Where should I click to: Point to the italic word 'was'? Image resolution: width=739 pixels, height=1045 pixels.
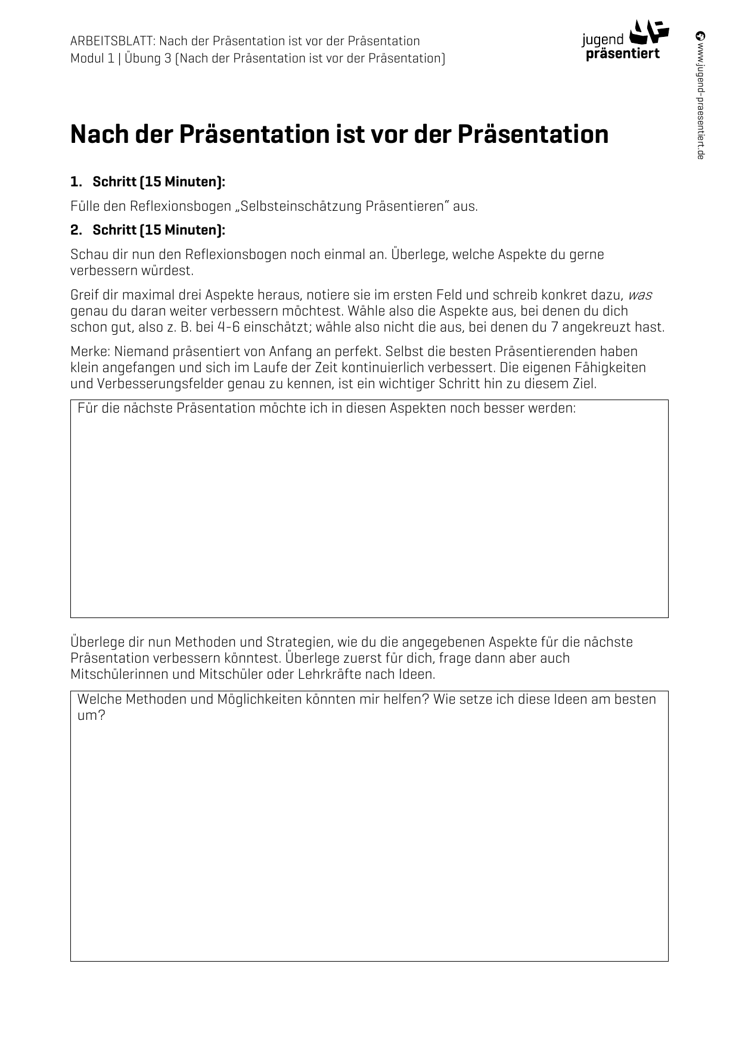coord(640,295)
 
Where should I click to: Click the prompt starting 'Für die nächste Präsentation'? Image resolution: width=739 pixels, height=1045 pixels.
coord(327,408)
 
